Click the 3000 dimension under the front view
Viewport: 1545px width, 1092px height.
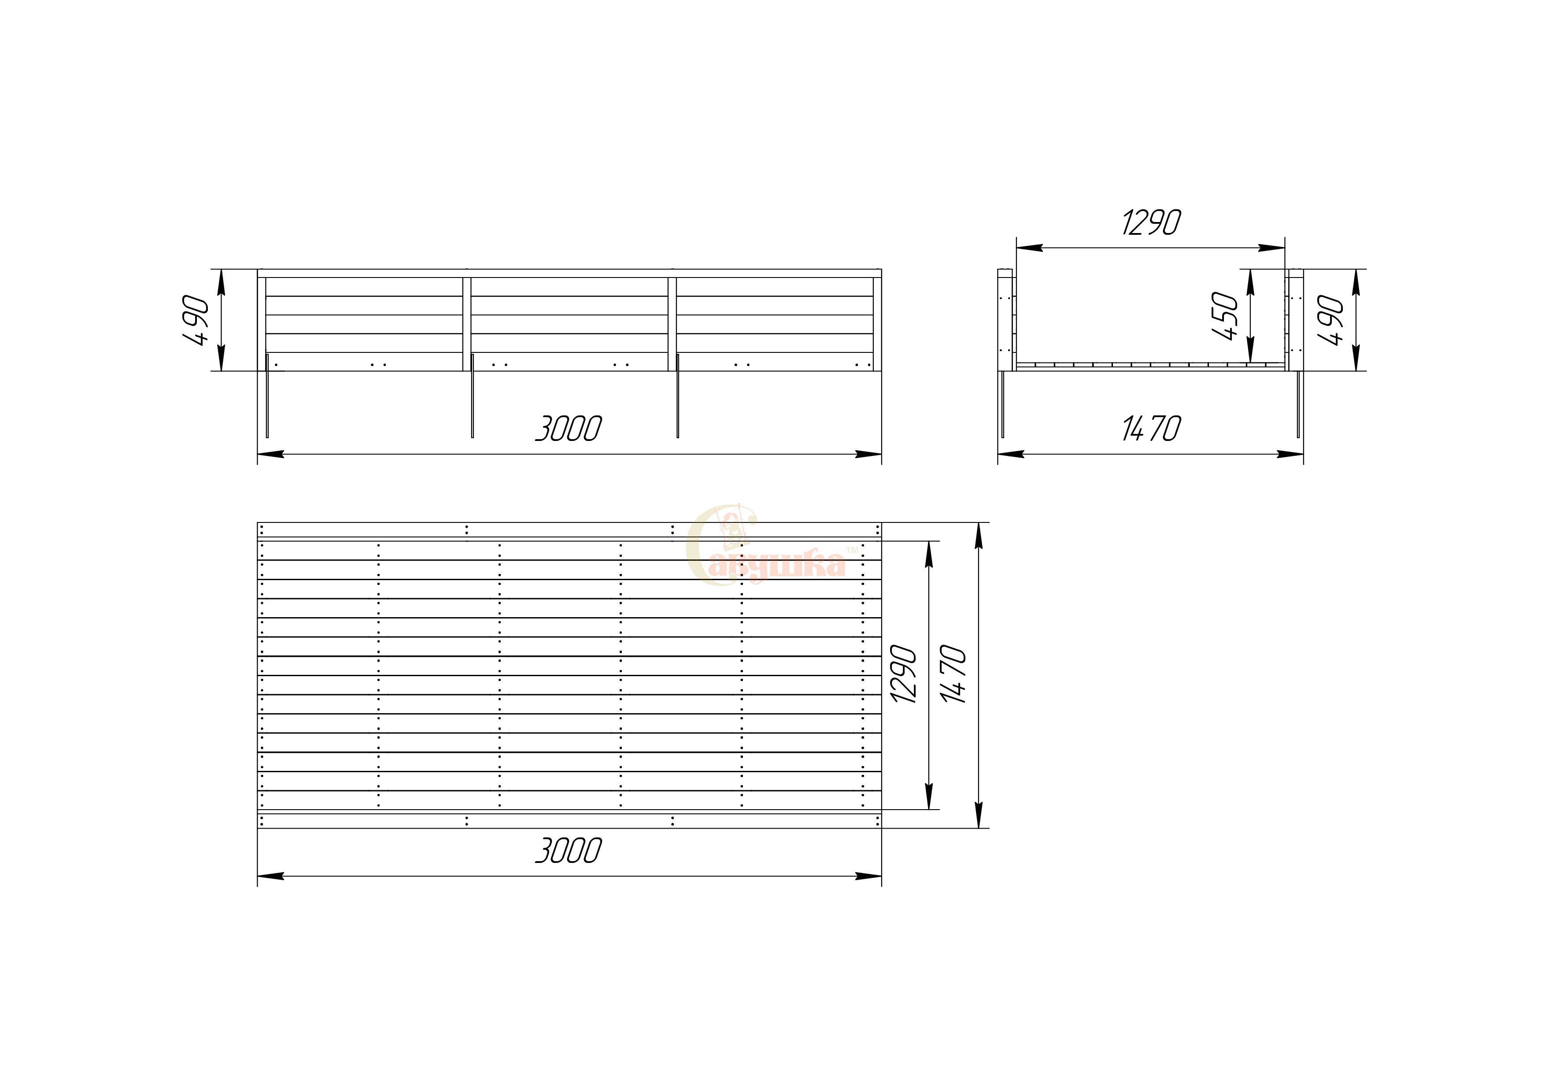pos(569,429)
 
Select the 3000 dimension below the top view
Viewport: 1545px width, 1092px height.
pos(569,851)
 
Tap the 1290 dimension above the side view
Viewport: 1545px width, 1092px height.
pos(1151,223)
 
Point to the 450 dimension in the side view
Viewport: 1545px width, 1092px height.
pos(1225,316)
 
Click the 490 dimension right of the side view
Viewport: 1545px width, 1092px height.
pos(1331,320)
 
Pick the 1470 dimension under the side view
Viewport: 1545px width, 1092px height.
pos(1151,429)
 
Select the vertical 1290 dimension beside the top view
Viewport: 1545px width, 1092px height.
pos(903,674)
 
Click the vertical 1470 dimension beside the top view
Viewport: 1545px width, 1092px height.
pos(954,674)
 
